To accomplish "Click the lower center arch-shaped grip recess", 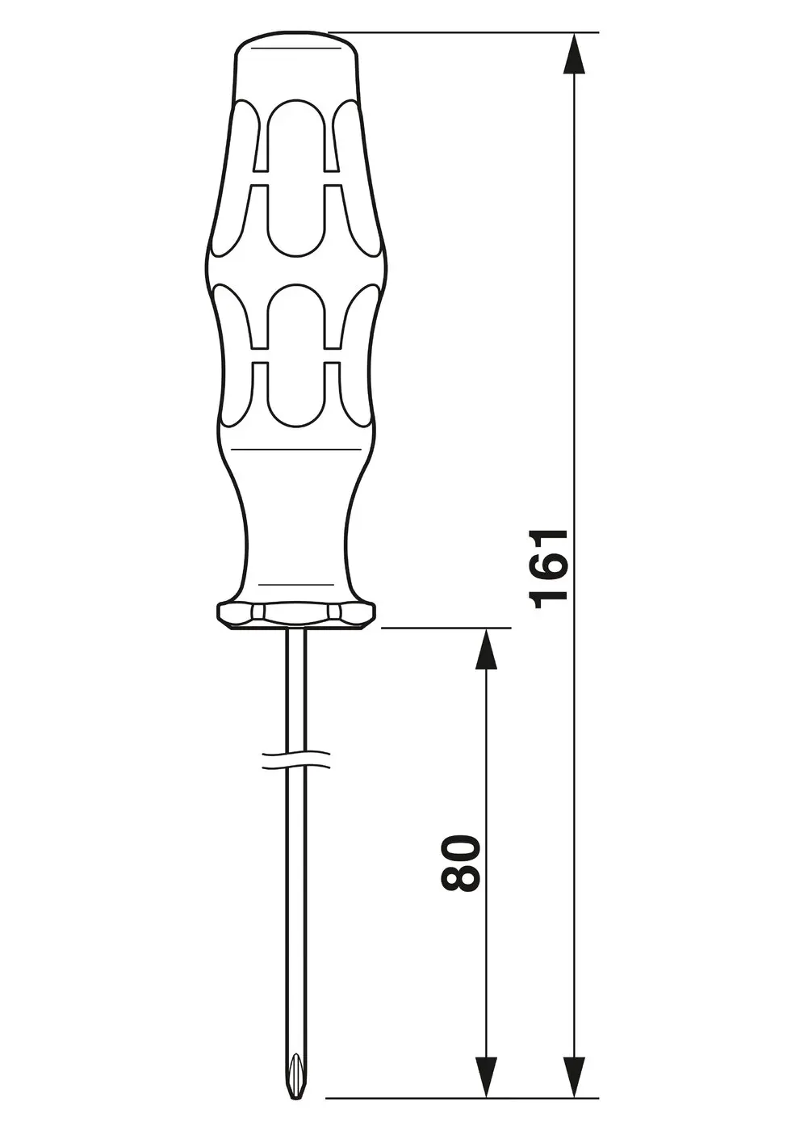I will point(296,319).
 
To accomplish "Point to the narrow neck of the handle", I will point(296,525).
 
